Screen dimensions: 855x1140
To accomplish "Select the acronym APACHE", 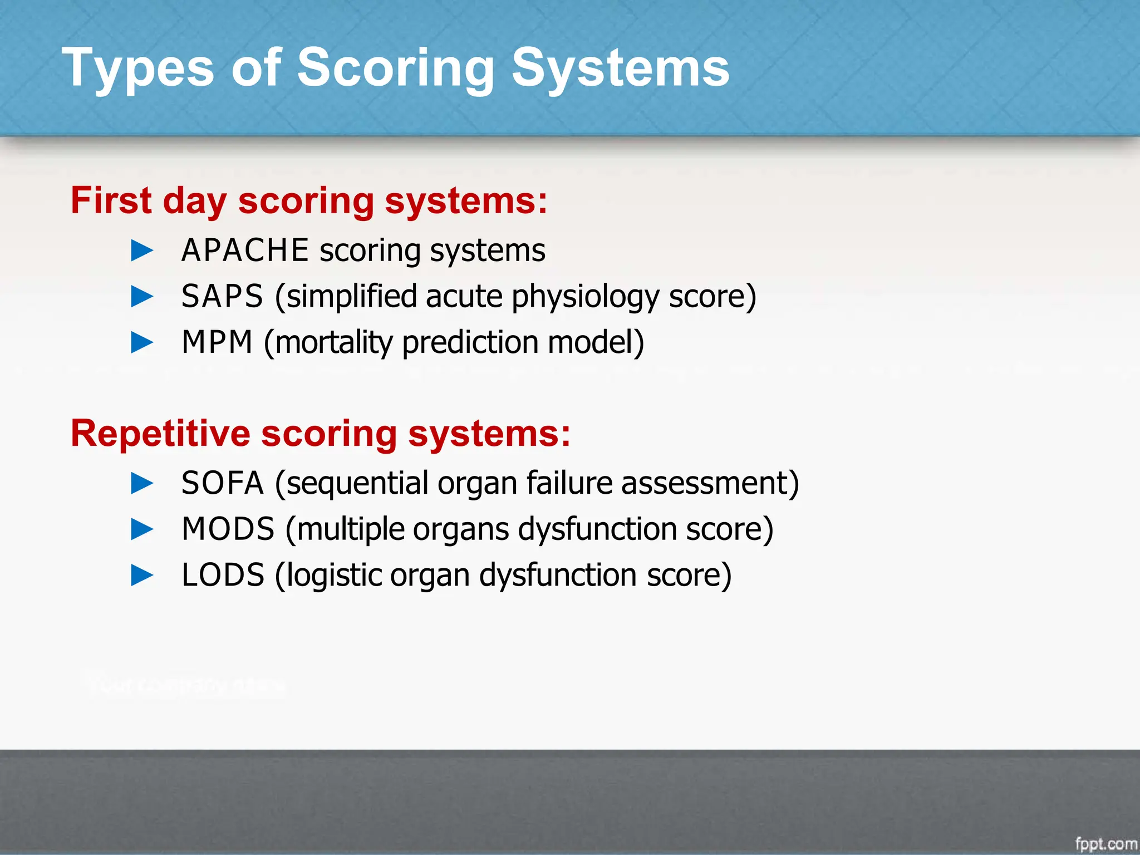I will [x=245, y=250].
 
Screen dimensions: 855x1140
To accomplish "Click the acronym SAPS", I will [x=222, y=296].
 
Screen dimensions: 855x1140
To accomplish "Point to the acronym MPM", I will [x=217, y=342].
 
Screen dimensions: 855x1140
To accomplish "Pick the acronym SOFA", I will [x=222, y=483].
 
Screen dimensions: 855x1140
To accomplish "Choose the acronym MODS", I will [x=228, y=529].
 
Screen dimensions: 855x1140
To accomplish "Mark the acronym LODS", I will [x=223, y=575].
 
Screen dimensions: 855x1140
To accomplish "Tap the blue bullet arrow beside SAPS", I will [x=142, y=297].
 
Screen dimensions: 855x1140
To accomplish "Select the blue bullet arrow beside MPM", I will [x=142, y=342].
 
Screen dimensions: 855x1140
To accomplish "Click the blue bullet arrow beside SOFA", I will [x=142, y=483].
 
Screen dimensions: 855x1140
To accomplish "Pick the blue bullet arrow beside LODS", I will [x=142, y=575].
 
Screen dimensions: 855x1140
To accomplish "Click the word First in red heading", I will [x=111, y=200].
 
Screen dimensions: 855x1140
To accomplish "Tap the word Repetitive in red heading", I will [x=160, y=433].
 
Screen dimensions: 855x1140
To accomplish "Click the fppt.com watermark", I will [x=1105, y=844].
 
